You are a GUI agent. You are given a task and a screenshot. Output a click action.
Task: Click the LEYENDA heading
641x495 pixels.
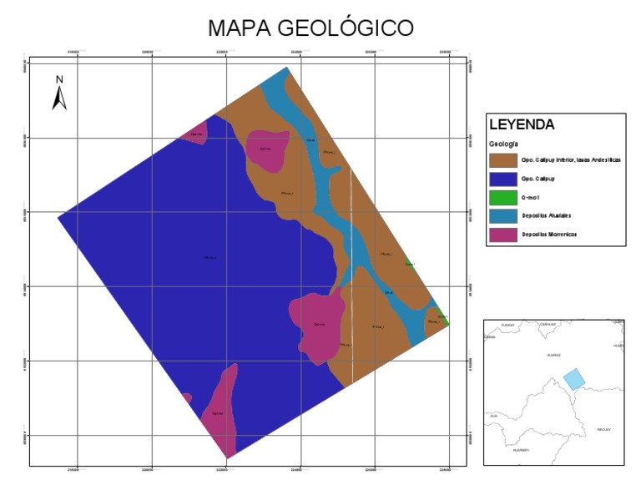(x=522, y=125)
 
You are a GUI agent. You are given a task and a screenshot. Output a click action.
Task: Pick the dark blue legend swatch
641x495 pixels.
(x=502, y=179)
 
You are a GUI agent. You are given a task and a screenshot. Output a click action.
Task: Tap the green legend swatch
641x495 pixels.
(x=502, y=197)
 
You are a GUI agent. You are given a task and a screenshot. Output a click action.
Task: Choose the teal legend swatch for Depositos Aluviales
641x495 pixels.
(x=502, y=216)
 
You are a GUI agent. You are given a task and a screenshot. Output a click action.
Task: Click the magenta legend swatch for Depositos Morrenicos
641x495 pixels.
(x=502, y=235)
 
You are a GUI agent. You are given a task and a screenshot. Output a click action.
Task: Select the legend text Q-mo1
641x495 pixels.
(x=528, y=197)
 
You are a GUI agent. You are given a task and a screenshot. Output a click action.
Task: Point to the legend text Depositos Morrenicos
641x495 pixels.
(x=549, y=235)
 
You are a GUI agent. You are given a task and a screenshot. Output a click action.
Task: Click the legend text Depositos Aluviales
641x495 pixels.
(x=547, y=216)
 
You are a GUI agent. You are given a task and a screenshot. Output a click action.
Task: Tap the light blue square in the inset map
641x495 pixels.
(x=573, y=378)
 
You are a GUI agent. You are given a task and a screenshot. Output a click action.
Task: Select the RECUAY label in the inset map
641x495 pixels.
(x=603, y=429)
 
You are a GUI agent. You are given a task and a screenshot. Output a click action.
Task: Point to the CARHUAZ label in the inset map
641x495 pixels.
(x=548, y=324)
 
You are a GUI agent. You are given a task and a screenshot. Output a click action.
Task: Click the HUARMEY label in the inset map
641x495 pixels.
(x=522, y=450)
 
